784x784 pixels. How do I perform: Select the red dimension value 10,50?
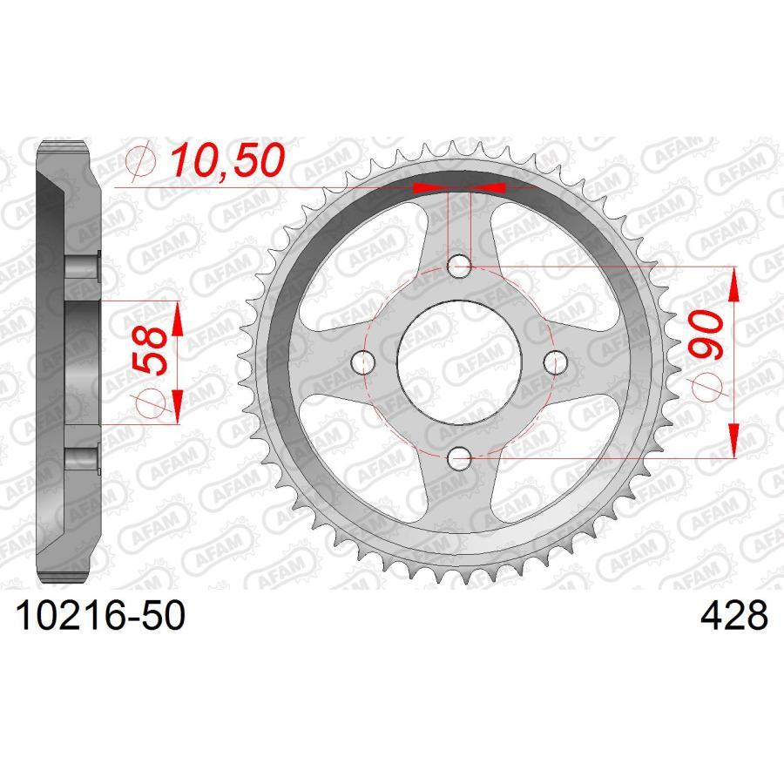coord(226,160)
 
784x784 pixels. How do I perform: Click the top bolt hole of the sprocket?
coord(459,265)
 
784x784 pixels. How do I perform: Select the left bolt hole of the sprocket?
coord(364,360)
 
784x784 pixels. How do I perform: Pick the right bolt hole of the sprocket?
coord(554,360)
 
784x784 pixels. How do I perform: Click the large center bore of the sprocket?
coord(459,360)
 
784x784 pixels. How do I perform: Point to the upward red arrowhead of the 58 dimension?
coord(177,320)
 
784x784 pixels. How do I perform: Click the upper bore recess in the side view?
coord(83,267)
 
